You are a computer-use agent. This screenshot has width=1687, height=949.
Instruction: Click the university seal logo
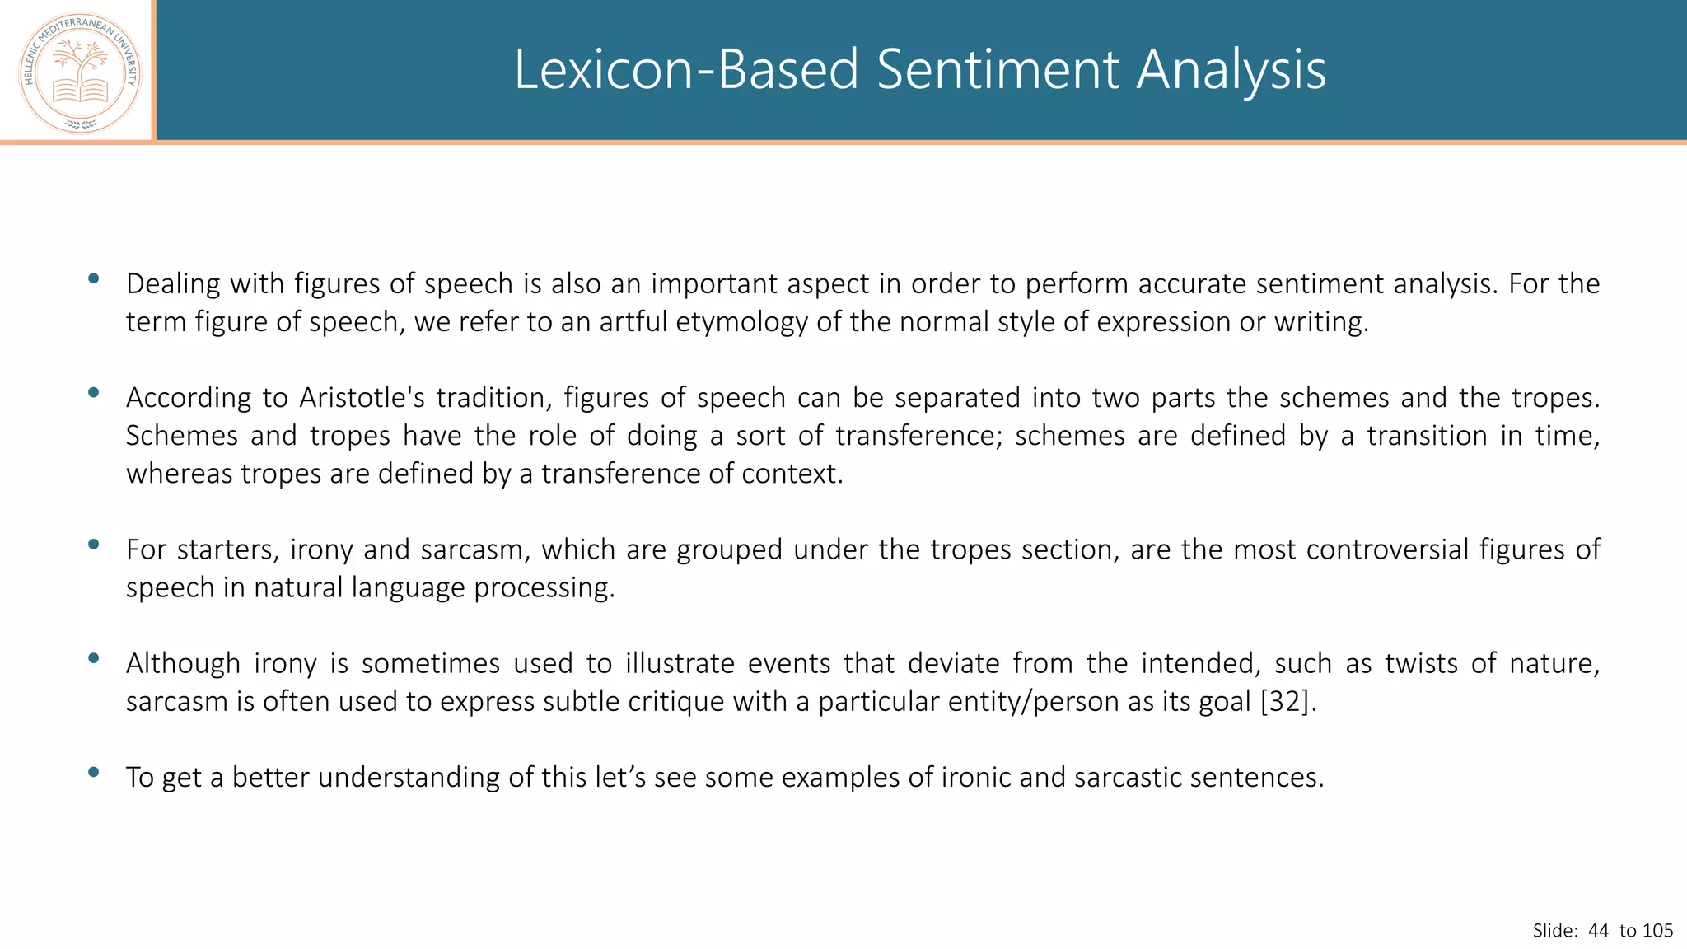click(x=80, y=72)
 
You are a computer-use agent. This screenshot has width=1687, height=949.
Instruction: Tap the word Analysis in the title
click(x=1231, y=69)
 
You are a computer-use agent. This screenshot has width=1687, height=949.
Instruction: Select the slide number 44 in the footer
click(x=1598, y=931)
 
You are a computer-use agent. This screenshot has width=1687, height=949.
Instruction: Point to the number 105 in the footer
click(x=1657, y=931)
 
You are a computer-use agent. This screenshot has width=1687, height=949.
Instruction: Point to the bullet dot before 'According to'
click(x=93, y=392)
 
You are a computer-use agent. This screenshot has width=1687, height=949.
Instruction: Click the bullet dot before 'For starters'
click(x=93, y=544)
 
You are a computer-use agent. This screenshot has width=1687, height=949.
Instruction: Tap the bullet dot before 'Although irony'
click(x=93, y=657)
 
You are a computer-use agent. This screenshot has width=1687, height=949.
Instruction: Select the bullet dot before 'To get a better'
click(x=93, y=772)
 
